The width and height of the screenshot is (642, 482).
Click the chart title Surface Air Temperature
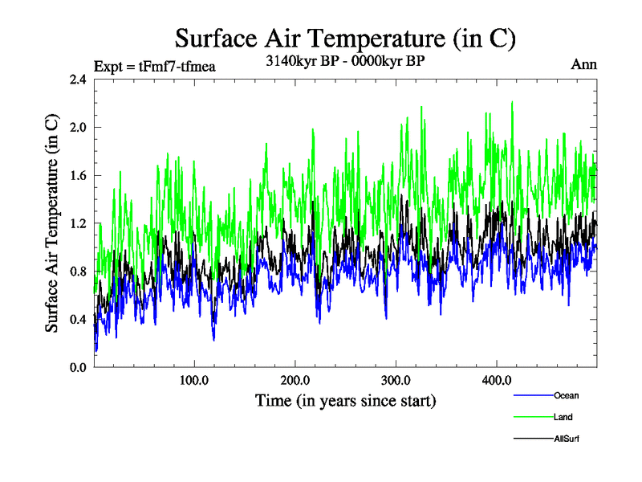coord(345,38)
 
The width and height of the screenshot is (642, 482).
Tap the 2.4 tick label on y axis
coord(79,80)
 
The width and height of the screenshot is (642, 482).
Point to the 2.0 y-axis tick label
coord(79,127)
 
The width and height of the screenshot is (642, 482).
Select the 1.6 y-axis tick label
coord(79,175)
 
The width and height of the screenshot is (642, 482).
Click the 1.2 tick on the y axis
coord(79,223)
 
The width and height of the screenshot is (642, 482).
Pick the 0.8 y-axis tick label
coord(79,271)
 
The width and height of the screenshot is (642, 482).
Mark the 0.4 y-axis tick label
coord(79,319)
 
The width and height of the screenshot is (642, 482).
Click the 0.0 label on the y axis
coord(79,367)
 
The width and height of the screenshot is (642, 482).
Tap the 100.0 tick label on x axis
coord(194,380)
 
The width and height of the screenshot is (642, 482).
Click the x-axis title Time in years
coord(345,400)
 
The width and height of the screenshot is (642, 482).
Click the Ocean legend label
coord(566,395)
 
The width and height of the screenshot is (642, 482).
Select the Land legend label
coord(563,417)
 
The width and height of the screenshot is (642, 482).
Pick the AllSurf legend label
coord(567,439)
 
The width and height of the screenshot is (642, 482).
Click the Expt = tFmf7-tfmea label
coord(155,66)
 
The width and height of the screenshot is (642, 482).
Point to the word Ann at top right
coord(583,64)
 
